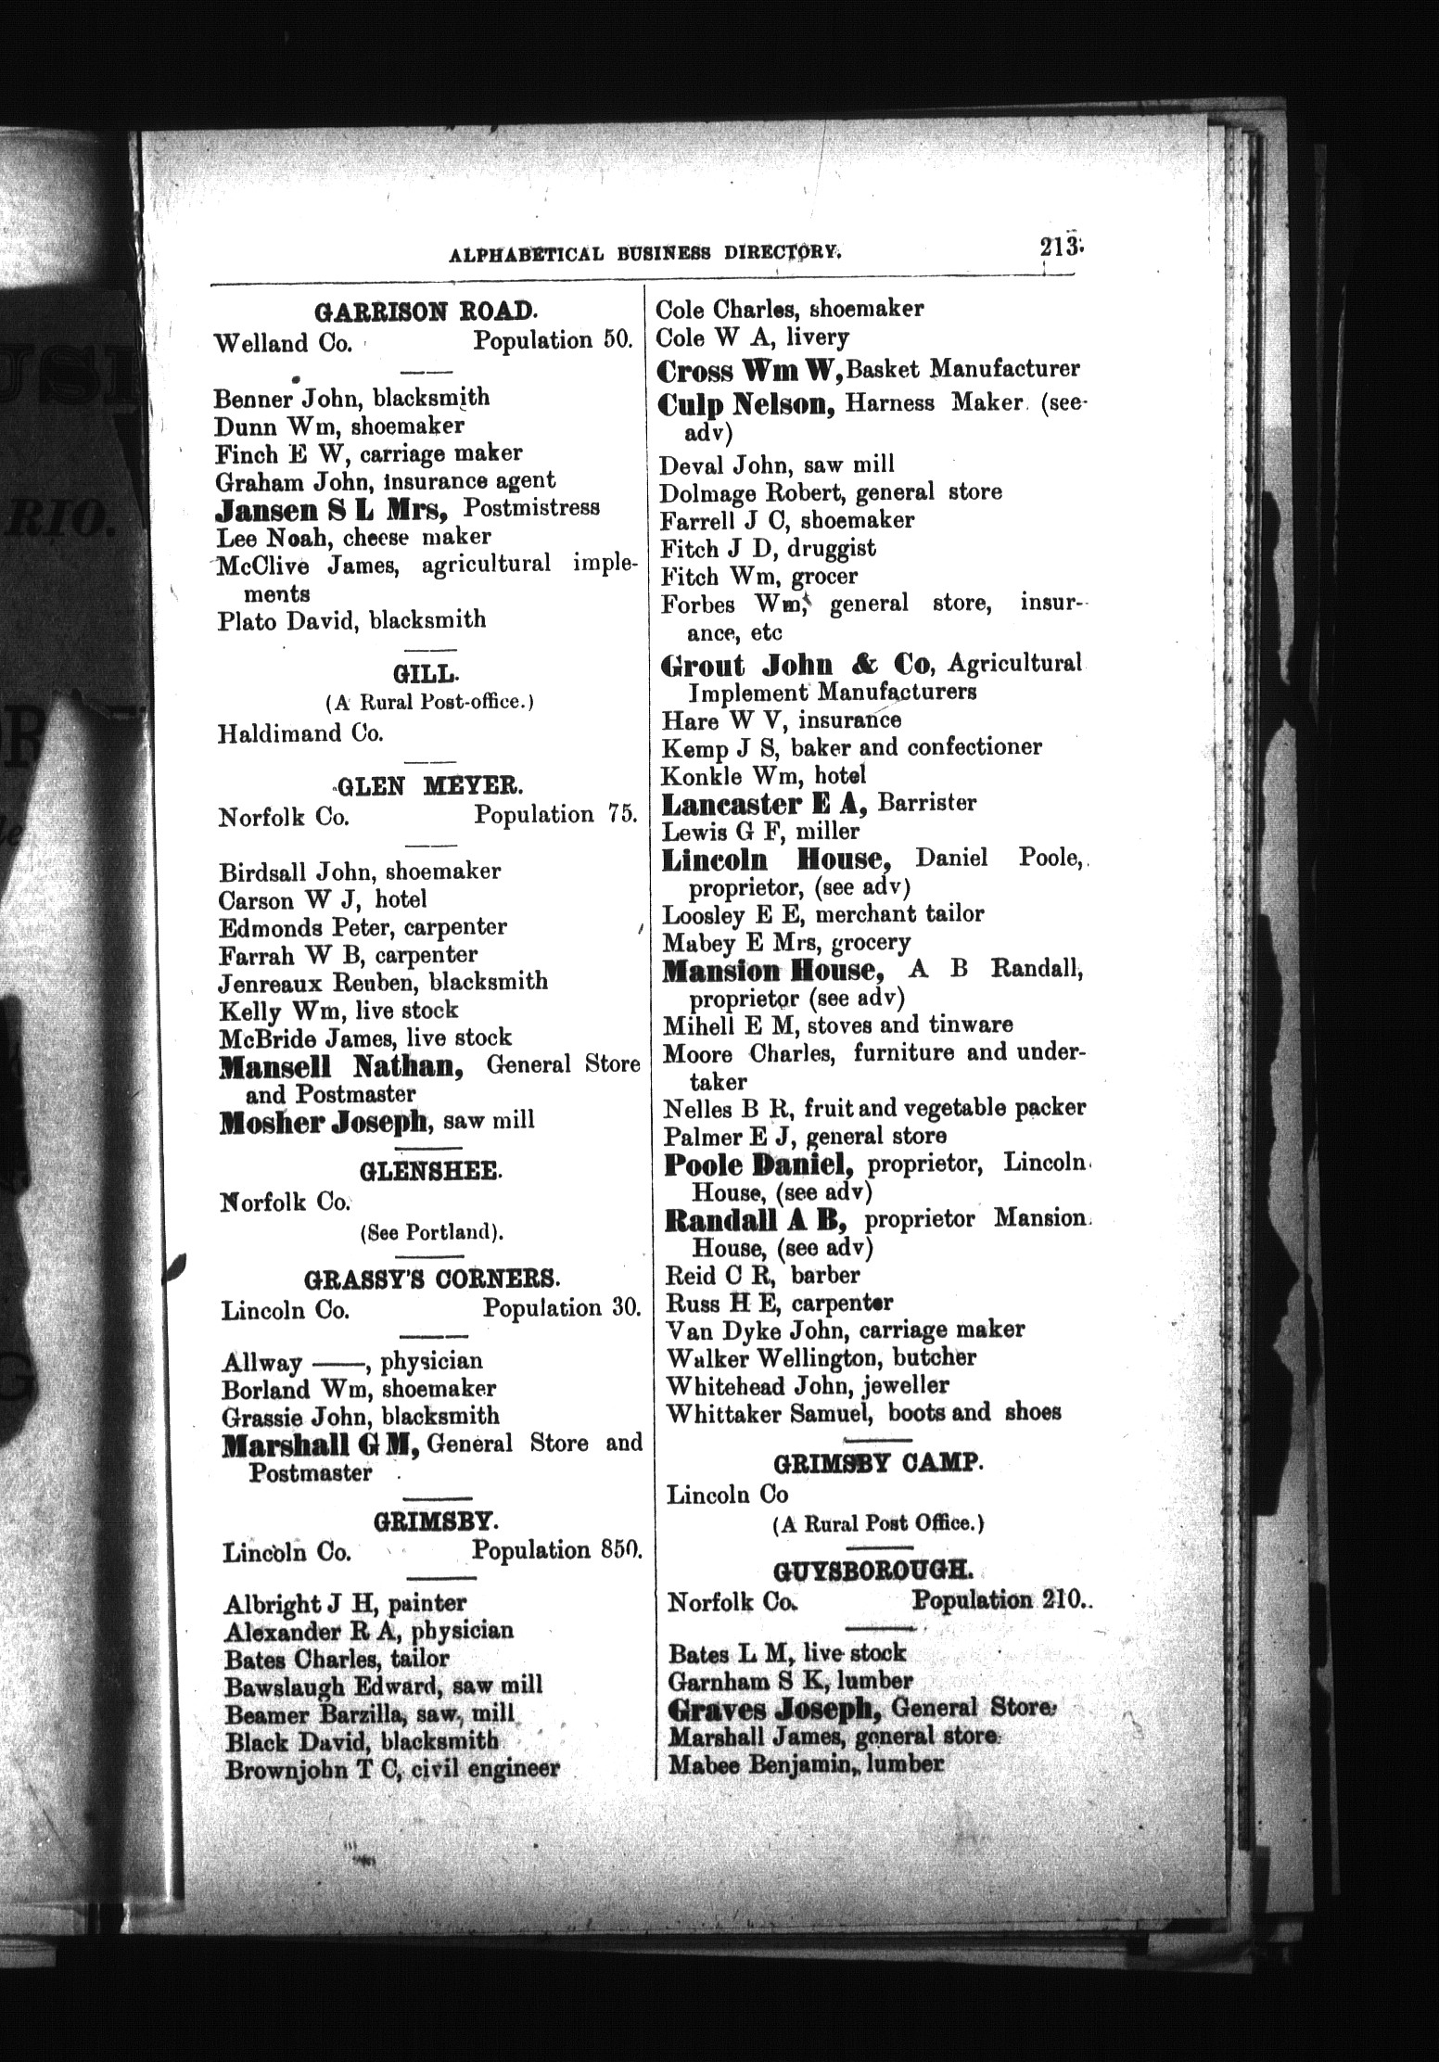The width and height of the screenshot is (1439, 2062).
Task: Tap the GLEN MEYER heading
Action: click(429, 786)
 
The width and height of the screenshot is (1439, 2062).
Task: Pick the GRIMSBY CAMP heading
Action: click(876, 1464)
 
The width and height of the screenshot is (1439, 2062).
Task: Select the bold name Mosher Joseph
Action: click(325, 1123)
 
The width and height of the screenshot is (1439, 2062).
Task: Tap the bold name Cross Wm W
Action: click(749, 370)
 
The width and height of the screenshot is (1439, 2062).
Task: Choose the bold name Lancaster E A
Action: click(766, 804)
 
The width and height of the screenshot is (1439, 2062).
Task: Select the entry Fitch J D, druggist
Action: click(768, 549)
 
